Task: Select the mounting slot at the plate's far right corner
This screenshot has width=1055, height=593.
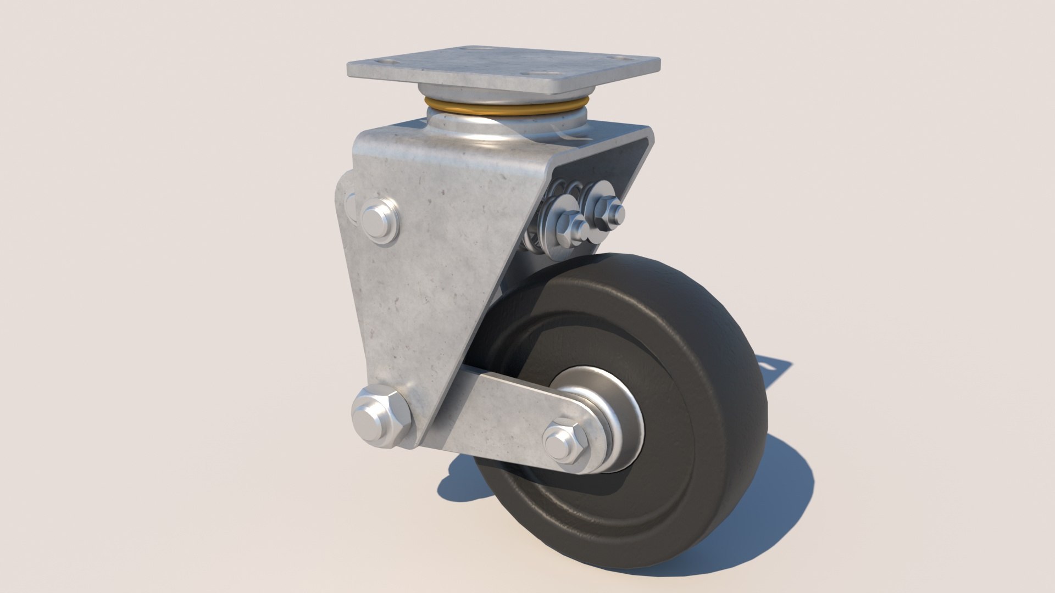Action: (623, 58)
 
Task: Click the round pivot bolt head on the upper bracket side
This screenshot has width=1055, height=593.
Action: (380, 220)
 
